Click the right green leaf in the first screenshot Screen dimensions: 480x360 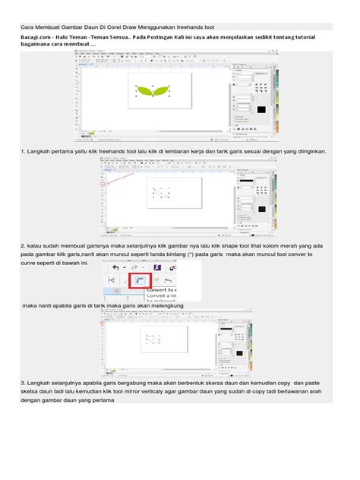[x=163, y=92]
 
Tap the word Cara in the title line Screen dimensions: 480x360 [x=27, y=26]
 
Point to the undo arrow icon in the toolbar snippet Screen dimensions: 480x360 [x=115, y=267]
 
